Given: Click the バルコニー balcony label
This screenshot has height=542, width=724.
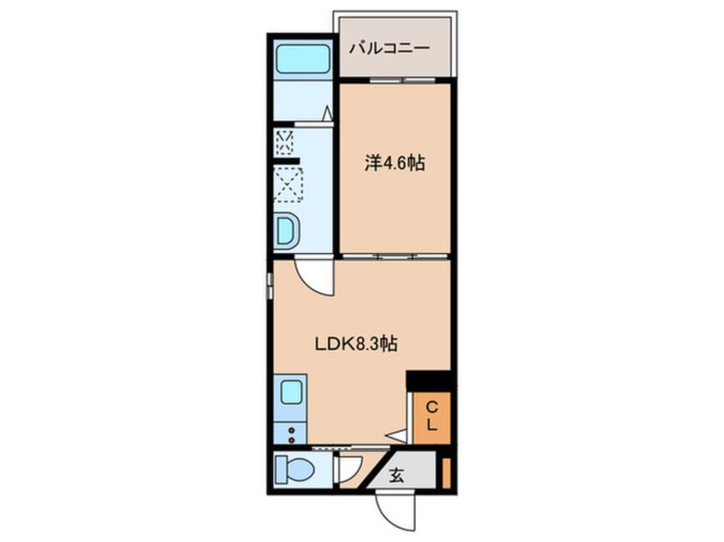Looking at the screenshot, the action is click(389, 48).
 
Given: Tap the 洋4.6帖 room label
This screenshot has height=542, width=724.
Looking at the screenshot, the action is click(395, 162).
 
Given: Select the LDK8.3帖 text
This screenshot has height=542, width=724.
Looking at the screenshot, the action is click(355, 344).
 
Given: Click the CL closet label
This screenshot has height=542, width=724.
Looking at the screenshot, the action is click(431, 416).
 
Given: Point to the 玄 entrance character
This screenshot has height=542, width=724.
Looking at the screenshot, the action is click(396, 474).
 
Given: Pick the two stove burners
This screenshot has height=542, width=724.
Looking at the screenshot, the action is click(291, 435).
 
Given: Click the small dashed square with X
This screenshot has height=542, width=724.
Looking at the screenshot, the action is click(284, 143).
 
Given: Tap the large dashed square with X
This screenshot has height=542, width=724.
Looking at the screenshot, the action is click(288, 185).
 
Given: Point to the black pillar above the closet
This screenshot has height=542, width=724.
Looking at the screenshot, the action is click(429, 380).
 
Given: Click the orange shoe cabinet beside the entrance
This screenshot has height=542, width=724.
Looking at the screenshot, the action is click(446, 474).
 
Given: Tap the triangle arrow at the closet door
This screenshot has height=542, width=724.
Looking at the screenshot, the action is click(397, 435).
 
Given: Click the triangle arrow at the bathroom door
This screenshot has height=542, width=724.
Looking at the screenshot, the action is click(328, 114).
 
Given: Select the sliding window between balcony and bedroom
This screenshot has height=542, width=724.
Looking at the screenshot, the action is click(402, 80).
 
